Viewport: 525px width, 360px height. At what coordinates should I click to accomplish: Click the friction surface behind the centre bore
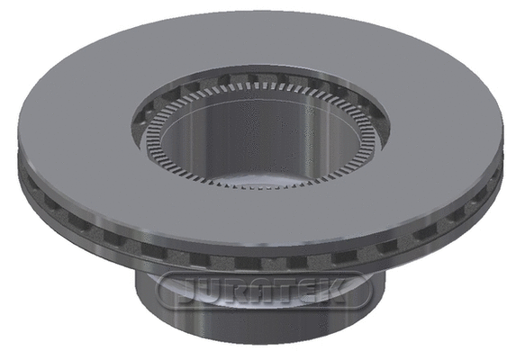pos(261,45)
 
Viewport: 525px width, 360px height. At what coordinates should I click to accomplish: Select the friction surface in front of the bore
pos(261,220)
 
